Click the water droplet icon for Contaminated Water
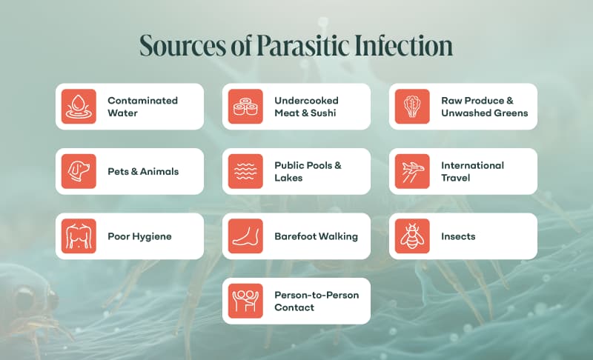[x=79, y=107]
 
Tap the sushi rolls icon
[x=245, y=107]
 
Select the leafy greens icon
[x=412, y=107]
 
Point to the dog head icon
[x=79, y=171]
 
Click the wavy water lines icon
[x=245, y=171]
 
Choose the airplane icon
[x=412, y=171]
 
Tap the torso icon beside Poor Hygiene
[x=79, y=236]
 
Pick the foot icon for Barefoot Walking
[x=245, y=236]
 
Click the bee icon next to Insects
[x=412, y=236]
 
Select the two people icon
[x=245, y=301]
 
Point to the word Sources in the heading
[x=182, y=46]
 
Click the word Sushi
[x=323, y=113]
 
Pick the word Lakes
[x=288, y=178]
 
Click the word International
[x=472, y=165]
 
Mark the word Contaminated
[x=142, y=101]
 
